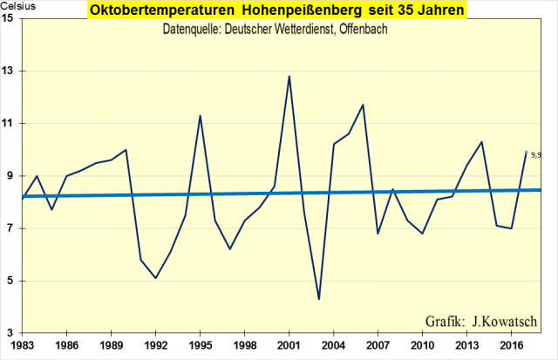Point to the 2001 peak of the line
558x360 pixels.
[x=289, y=76]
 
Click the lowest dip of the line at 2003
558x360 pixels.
[x=319, y=299]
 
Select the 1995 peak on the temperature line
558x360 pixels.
[x=201, y=115]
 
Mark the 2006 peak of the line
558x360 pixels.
[x=363, y=105]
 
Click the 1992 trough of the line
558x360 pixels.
[x=155, y=278]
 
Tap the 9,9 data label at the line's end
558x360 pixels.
[x=535, y=155]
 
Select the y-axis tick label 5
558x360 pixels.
[x=10, y=281]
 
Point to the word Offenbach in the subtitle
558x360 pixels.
[x=362, y=30]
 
